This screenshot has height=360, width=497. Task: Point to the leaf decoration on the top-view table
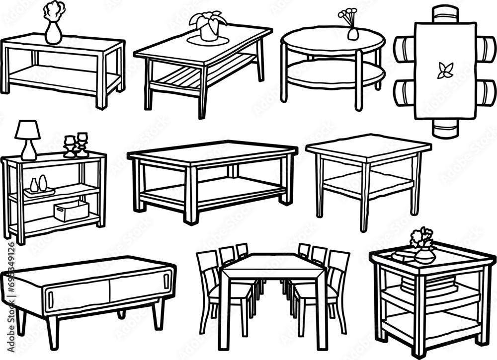(445, 71)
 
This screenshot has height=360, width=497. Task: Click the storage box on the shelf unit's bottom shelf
(71, 211)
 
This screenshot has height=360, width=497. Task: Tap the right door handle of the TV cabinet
(166, 282)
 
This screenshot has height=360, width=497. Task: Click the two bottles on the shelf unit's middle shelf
(38, 185)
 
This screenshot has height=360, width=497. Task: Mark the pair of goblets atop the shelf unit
(76, 145)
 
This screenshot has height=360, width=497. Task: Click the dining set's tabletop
(271, 266)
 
